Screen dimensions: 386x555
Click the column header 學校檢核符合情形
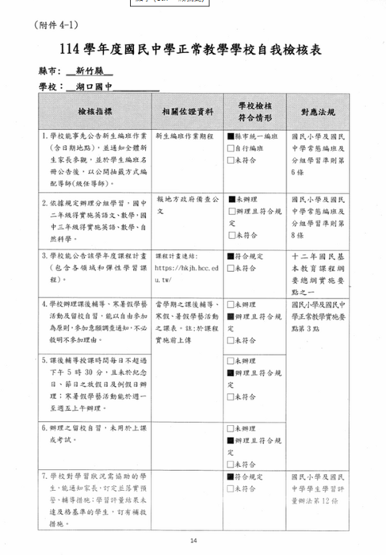(254, 112)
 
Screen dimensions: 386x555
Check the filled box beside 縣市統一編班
(231, 137)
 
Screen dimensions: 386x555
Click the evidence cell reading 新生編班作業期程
(185, 137)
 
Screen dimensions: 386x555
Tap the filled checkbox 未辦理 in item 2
(231, 201)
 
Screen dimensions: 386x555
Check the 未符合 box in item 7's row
(231, 490)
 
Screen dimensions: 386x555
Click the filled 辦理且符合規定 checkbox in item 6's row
(231, 439)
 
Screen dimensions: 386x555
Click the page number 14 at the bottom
(193, 542)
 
